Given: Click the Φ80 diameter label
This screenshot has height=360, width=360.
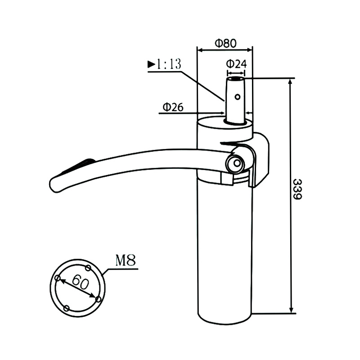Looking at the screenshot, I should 225,43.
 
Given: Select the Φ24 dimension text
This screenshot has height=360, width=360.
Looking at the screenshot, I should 236,63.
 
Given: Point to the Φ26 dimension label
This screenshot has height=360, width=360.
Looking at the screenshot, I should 172,107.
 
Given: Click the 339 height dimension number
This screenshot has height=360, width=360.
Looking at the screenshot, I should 297,189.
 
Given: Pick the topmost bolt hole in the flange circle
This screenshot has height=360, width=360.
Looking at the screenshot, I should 88,268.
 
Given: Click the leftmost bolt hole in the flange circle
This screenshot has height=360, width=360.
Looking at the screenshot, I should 58,278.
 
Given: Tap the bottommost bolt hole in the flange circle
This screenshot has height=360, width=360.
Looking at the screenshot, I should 67,308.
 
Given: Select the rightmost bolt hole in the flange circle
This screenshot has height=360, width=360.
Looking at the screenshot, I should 98,298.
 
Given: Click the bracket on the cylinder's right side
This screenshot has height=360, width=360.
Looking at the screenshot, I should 261,160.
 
